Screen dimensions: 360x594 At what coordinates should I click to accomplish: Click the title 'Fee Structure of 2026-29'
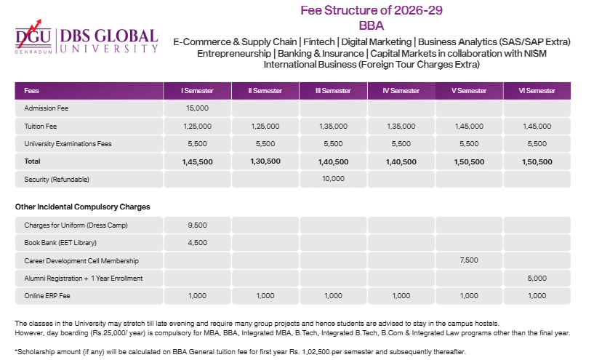point(372,10)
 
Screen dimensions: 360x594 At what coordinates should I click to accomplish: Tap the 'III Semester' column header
point(333,91)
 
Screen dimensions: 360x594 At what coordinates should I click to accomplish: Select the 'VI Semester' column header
point(537,91)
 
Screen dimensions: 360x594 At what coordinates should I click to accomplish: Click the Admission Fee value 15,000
point(197,108)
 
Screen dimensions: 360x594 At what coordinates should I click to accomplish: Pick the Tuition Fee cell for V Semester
point(469,126)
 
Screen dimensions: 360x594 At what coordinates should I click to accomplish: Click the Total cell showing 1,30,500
point(265,161)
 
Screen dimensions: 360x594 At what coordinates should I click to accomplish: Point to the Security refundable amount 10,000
point(333,178)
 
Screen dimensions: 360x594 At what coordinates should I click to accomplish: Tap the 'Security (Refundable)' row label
point(56,179)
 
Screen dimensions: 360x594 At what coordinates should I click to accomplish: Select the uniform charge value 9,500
point(197,225)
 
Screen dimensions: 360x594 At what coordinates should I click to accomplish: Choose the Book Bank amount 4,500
point(197,243)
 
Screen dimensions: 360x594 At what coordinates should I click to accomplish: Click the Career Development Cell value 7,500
point(469,260)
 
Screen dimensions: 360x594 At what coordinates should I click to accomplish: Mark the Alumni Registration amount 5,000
point(537,278)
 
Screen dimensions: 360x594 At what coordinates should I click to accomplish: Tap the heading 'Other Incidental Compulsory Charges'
point(82,207)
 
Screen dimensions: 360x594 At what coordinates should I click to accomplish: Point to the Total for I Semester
point(197,161)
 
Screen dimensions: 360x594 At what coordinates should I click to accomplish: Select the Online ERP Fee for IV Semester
point(401,296)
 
